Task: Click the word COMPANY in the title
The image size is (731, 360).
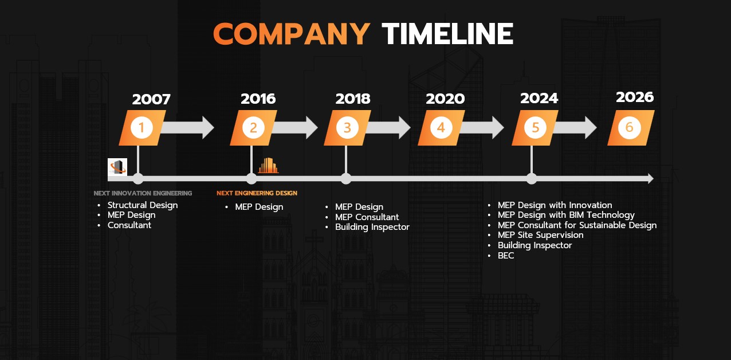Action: tap(292, 34)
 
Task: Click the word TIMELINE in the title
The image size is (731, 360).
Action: tap(448, 34)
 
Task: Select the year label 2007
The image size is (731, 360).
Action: tap(151, 99)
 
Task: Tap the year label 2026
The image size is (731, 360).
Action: tap(635, 97)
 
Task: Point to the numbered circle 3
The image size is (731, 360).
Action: tap(347, 127)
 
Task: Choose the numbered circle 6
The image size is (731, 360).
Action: tap(630, 127)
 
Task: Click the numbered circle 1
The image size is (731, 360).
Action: tap(142, 127)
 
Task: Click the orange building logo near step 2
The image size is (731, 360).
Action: tap(268, 165)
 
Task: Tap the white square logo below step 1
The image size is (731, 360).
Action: tap(117, 167)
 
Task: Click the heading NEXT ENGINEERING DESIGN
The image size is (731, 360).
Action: tap(257, 193)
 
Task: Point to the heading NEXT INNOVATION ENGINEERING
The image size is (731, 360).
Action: tap(143, 193)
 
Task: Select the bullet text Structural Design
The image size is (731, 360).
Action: tap(143, 205)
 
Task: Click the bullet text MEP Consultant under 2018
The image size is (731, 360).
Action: tap(367, 217)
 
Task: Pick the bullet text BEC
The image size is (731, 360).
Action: tap(506, 256)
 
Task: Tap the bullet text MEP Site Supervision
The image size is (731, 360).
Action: tap(540, 235)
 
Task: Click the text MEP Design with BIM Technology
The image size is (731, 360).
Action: tap(566, 215)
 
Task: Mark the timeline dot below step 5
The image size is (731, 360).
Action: tap(532, 179)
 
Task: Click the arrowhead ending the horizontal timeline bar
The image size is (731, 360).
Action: tap(650, 179)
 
